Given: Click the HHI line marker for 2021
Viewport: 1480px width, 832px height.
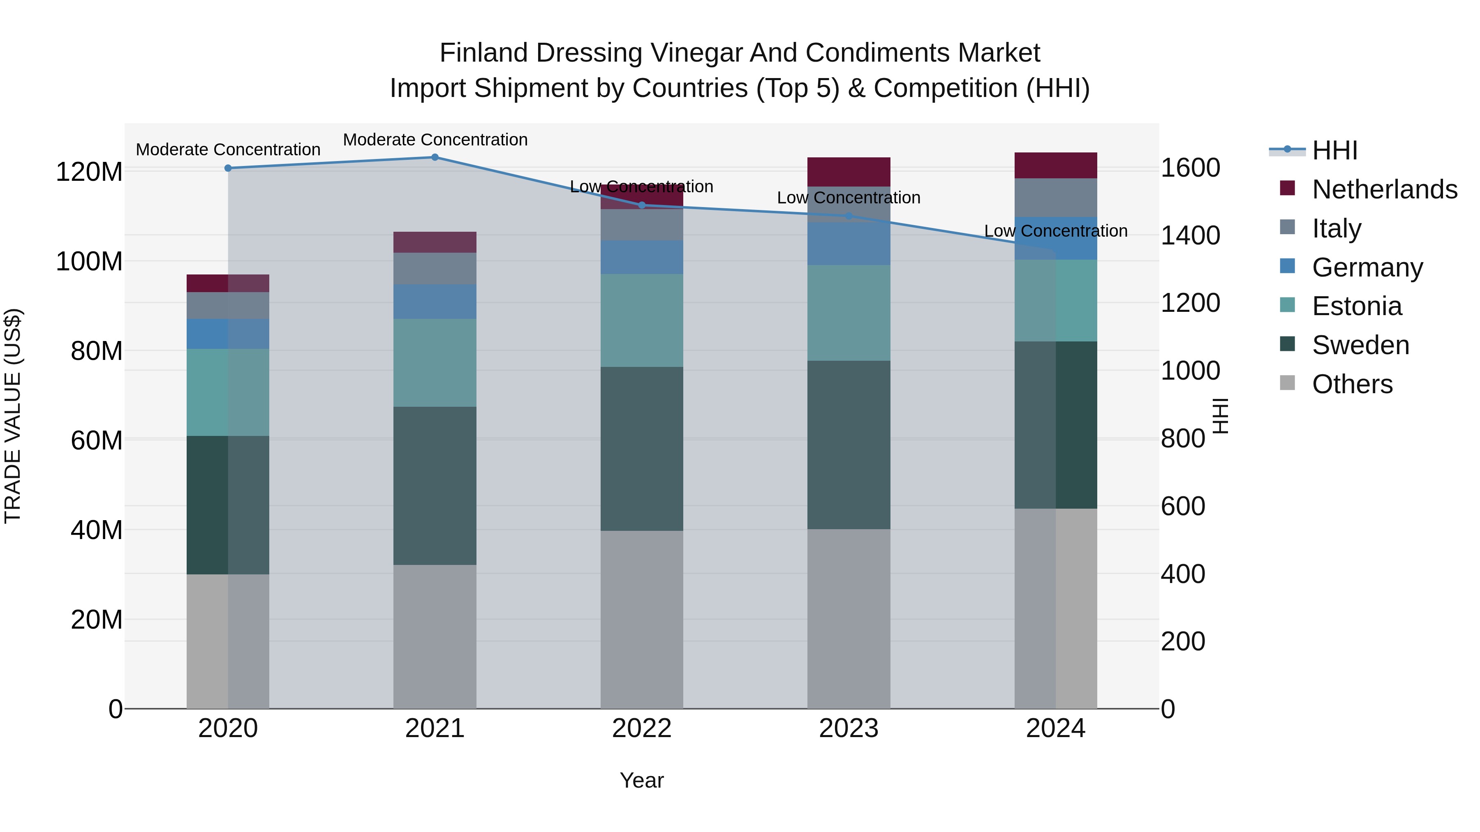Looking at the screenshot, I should point(435,157).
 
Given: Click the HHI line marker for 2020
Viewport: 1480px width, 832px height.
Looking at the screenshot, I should point(228,168).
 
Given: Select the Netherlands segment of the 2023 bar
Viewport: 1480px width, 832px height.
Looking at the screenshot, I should point(849,172).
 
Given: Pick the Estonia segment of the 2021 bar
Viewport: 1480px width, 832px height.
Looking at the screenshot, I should point(435,363).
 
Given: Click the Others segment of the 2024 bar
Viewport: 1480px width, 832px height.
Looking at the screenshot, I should point(1055,608).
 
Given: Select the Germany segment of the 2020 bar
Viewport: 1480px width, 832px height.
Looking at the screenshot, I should point(228,334).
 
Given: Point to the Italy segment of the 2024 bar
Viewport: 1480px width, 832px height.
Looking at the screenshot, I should point(1055,198).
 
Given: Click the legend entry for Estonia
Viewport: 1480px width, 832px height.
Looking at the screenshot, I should point(1357,306).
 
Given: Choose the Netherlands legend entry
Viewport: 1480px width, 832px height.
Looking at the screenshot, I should point(1384,189).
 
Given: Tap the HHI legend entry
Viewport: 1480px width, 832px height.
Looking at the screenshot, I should point(1334,150).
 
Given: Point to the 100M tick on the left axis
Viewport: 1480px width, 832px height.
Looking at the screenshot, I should point(89,261).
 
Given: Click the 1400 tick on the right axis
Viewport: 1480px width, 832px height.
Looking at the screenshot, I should point(1191,235).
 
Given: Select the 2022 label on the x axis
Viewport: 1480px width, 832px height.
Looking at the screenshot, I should point(642,728).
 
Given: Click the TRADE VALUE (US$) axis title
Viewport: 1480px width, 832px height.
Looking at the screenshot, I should point(13,416).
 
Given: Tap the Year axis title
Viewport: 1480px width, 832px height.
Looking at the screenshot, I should point(642,780).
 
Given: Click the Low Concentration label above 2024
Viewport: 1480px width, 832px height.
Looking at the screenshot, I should point(1055,231).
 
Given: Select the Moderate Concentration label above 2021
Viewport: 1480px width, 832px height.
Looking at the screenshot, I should point(435,140).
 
